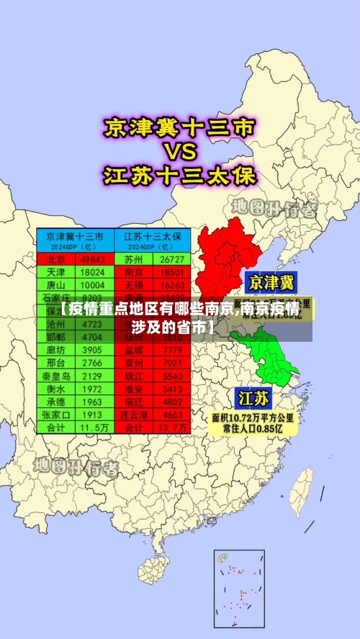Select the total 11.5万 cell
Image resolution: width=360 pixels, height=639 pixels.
[92, 427]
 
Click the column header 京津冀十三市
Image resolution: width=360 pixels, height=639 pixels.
[74, 236]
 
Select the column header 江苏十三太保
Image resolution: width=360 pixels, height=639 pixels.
[153, 236]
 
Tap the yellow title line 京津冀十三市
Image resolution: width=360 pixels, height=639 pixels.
[180, 128]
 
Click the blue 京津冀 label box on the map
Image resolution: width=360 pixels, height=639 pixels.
[271, 281]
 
